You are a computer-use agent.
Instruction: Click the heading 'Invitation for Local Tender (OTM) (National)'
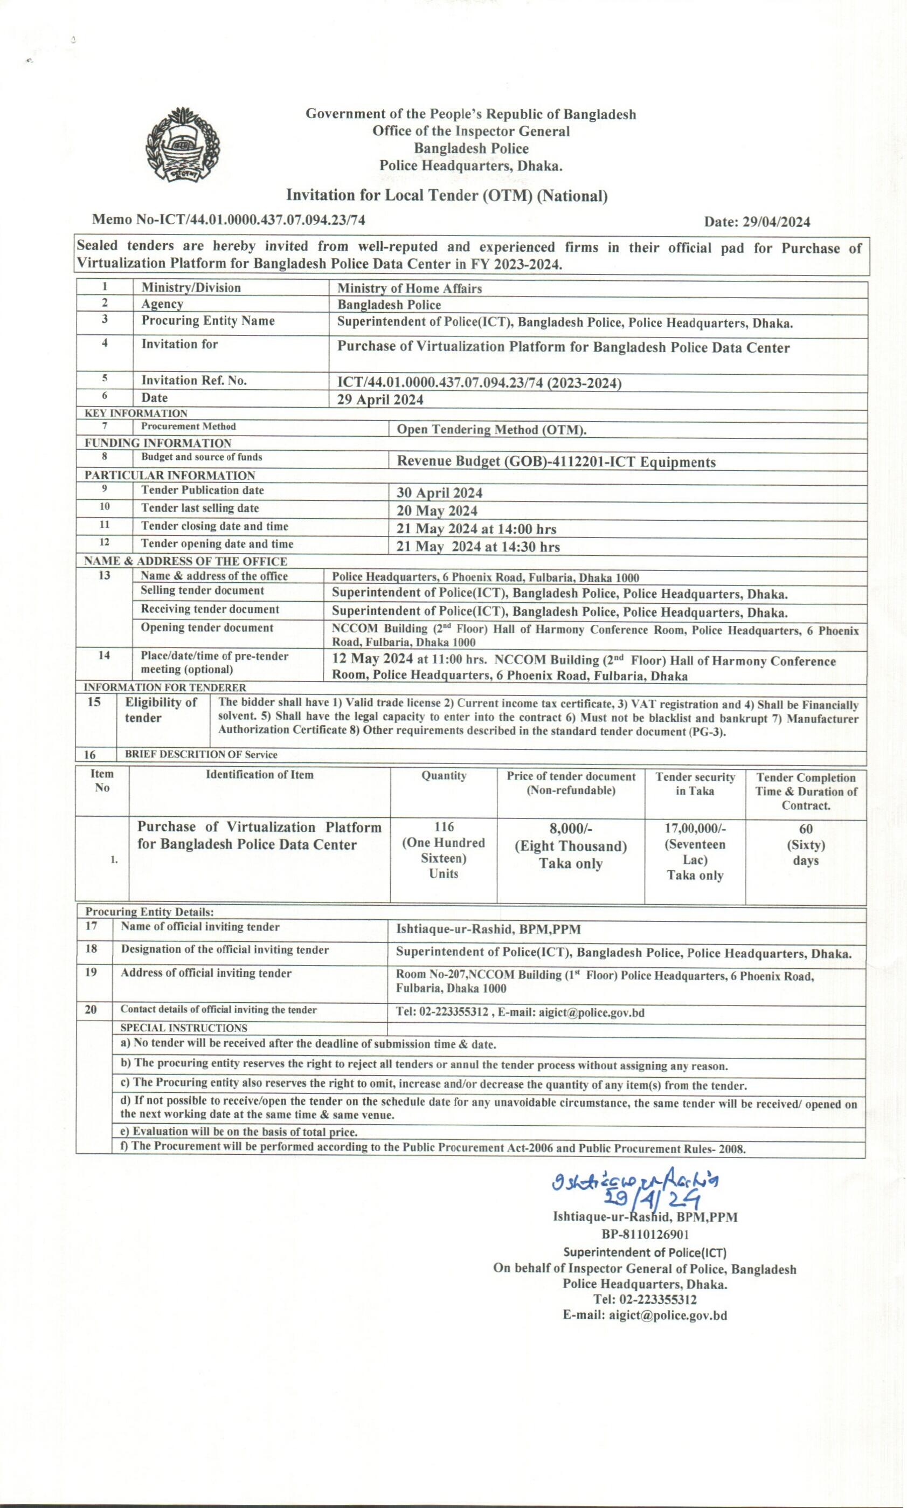(447, 196)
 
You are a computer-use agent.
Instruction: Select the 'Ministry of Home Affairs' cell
(410, 288)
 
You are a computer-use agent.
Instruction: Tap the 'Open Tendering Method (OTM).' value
(491, 430)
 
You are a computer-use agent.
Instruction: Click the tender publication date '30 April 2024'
(439, 493)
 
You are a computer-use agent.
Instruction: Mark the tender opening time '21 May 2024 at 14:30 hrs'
(478, 547)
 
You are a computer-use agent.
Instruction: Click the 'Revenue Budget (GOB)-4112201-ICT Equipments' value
(556, 462)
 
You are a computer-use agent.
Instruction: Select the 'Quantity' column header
(444, 776)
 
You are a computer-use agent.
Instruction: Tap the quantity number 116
(444, 827)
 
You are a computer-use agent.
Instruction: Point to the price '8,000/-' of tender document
(570, 829)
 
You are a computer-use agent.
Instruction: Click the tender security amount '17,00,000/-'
(695, 829)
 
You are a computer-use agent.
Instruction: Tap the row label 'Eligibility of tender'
(161, 710)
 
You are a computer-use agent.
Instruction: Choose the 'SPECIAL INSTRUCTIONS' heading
(183, 1028)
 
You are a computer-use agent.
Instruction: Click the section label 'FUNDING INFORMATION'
(158, 443)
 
